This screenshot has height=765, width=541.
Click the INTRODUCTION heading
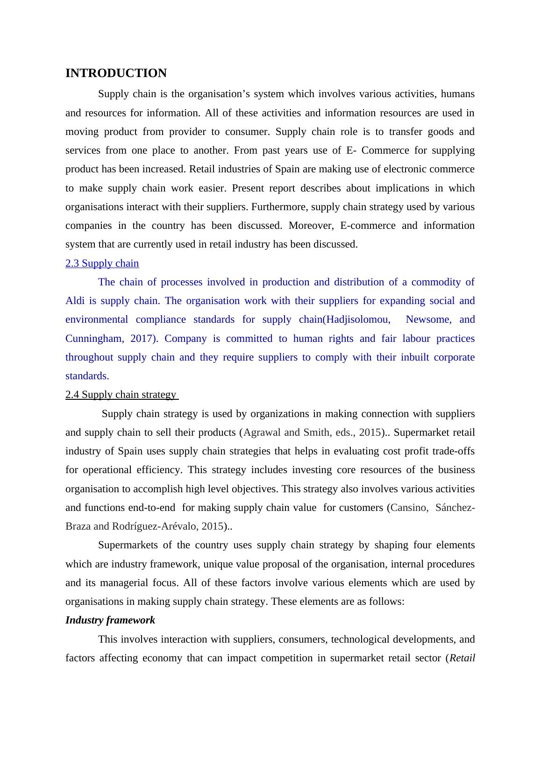(x=116, y=73)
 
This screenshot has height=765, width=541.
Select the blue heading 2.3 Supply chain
(x=102, y=263)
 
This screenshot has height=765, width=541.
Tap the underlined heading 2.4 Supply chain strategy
(x=121, y=395)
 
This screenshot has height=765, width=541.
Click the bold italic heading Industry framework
(x=110, y=620)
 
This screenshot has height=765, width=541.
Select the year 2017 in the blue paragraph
(x=141, y=339)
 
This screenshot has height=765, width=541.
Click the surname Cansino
(x=409, y=508)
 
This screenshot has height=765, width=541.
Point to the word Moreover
(x=311, y=226)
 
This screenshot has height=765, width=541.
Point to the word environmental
(x=97, y=319)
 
